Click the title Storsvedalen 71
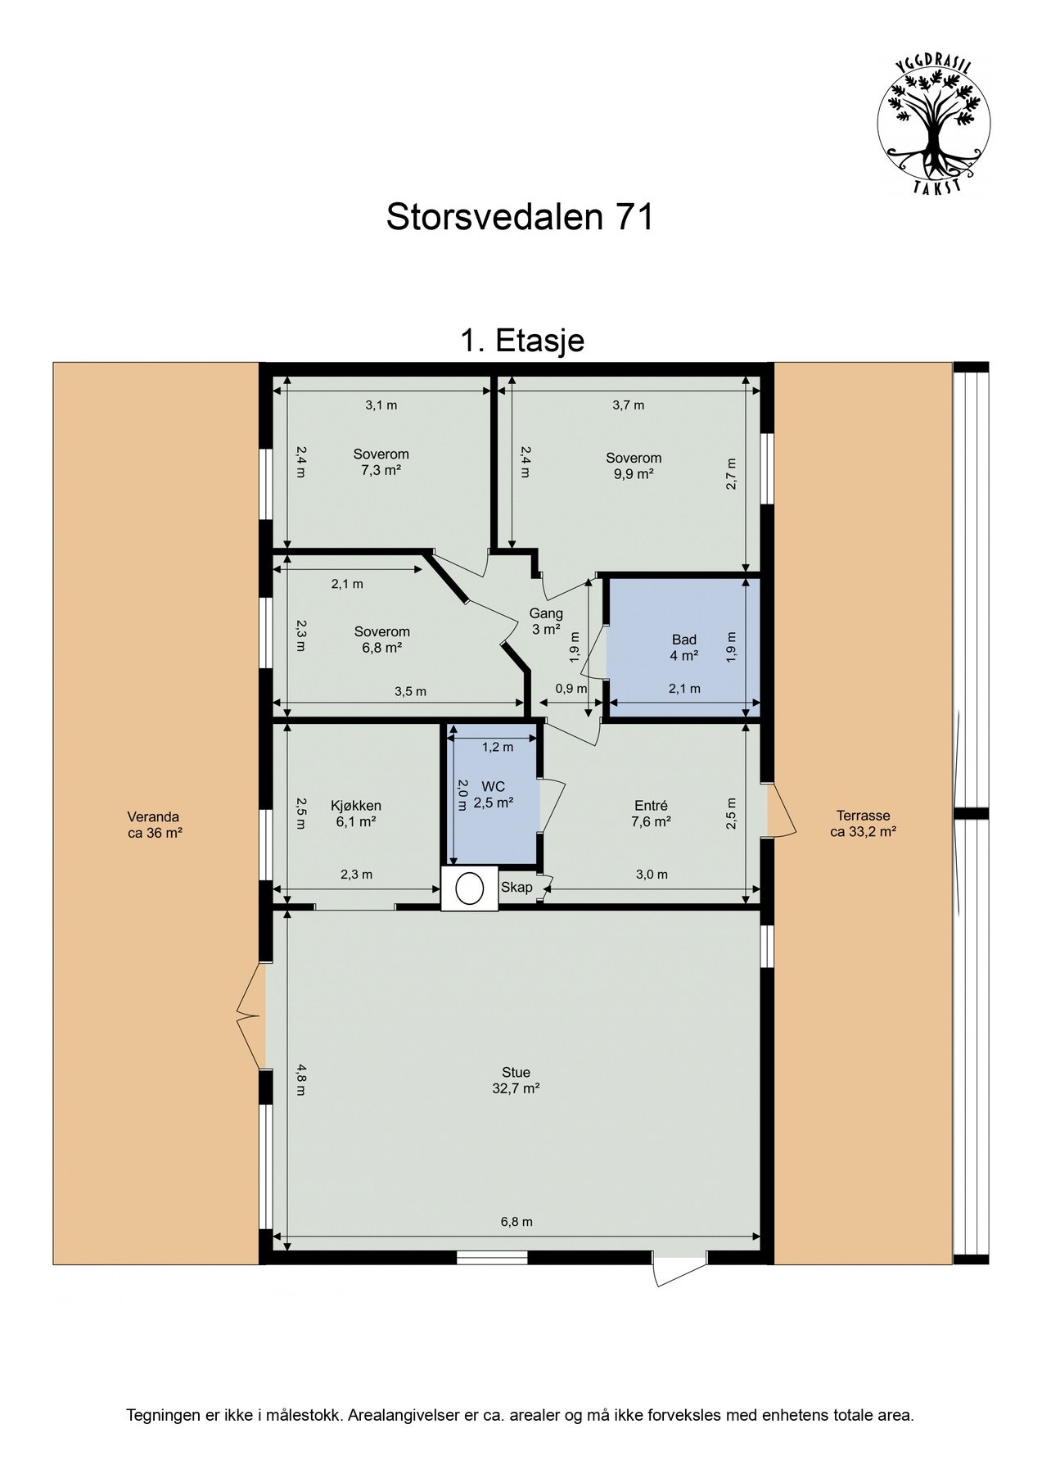(520, 218)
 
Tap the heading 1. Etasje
(522, 340)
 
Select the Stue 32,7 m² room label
(516, 1080)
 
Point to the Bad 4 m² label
(684, 647)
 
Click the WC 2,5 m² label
(493, 794)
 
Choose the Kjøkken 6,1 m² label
(356, 813)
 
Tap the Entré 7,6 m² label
(651, 813)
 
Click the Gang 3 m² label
(546, 621)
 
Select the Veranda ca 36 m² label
(154, 825)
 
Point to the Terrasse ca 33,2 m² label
(863, 824)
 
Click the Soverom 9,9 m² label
(634, 465)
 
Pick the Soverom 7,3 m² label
(381, 462)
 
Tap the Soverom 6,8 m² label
(382, 639)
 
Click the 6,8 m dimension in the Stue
(516, 1221)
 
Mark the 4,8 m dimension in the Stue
(301, 1078)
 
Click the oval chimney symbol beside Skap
(470, 888)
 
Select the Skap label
(516, 887)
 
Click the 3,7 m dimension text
(628, 405)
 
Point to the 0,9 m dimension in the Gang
(571, 689)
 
